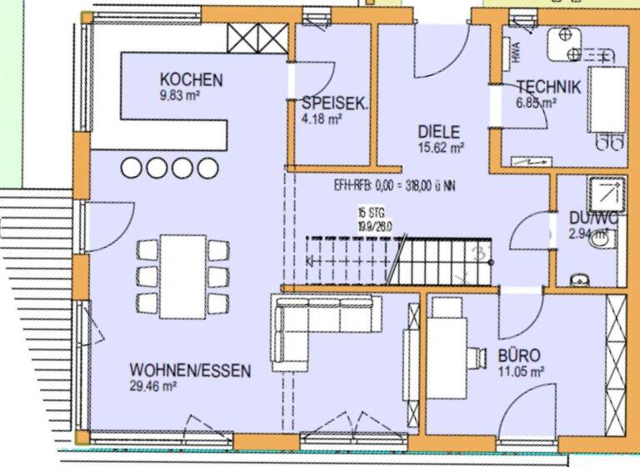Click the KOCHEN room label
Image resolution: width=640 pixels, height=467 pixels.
(192, 80)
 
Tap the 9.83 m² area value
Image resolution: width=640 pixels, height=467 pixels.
(179, 95)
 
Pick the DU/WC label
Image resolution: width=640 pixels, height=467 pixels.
(593, 218)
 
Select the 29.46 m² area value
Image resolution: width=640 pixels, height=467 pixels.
(152, 386)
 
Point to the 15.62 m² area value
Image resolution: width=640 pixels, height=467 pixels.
(441, 147)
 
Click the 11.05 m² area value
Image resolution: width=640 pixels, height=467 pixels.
(521, 370)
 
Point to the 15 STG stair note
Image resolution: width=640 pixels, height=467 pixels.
(374, 216)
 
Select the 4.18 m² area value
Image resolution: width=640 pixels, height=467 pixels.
(322, 119)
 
